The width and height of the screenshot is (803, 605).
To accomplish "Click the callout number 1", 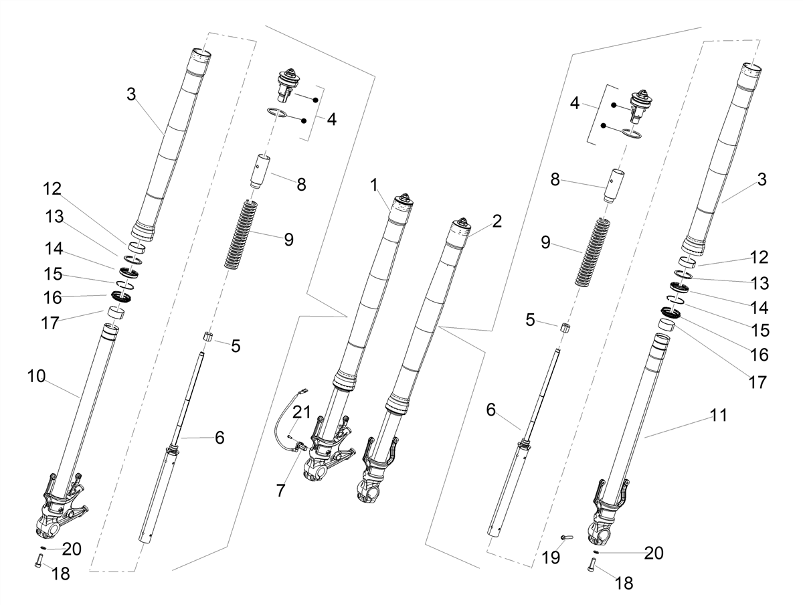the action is click(x=373, y=185).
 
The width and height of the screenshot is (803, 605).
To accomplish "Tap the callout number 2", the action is click(x=497, y=222).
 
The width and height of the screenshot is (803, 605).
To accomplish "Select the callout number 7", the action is click(x=280, y=491).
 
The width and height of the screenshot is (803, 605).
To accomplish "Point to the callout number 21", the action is click(x=301, y=412).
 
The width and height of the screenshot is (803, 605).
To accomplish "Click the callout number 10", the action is click(x=36, y=376).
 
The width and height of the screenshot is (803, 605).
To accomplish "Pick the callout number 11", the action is click(x=719, y=415).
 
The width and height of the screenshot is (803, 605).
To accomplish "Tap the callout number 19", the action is click(x=551, y=557).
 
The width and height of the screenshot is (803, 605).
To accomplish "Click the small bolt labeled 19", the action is click(x=567, y=537).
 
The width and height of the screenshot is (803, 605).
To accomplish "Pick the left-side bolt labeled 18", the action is click(x=39, y=561).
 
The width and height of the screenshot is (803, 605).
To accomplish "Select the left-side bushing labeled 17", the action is click(x=116, y=313).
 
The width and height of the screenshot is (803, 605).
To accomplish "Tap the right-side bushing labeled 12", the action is click(x=688, y=262).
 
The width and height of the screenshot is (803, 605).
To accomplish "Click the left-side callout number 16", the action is click(x=53, y=297).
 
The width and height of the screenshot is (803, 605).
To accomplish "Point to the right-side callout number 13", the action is click(x=760, y=283).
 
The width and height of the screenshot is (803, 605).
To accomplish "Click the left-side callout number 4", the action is click(x=331, y=119).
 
